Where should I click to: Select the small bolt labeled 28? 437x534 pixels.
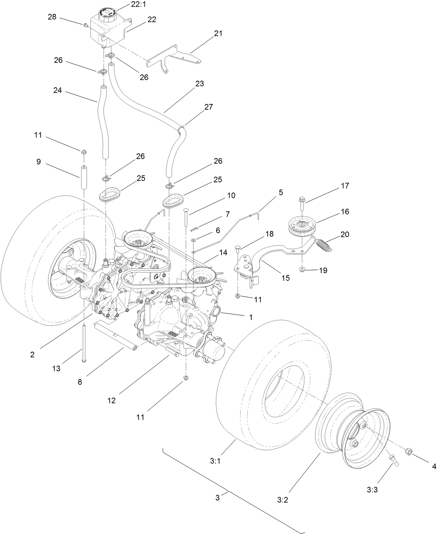85,25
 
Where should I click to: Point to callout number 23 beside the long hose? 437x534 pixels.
200,84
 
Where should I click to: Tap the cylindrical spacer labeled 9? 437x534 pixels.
84,177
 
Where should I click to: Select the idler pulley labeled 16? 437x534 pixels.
302,227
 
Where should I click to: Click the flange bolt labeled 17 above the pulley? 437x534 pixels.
301,202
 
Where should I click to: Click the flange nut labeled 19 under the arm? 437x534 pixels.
302,270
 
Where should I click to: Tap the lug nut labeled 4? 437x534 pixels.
409,452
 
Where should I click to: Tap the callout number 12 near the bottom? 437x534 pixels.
111,400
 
